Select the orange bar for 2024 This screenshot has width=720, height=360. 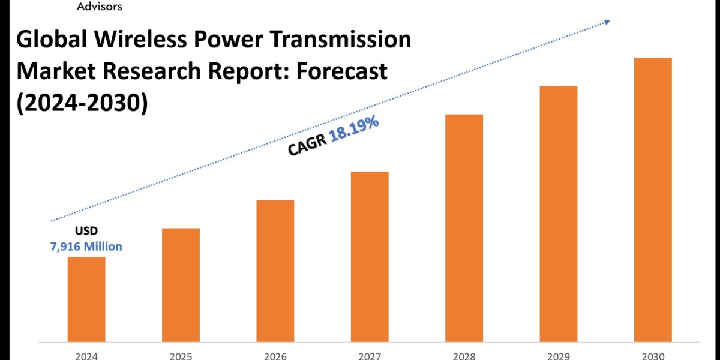(86, 299)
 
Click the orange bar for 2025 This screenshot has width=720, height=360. (181, 285)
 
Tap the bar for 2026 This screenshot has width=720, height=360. (275, 271)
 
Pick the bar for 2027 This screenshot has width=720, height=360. (370, 257)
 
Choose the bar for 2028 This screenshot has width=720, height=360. (464, 228)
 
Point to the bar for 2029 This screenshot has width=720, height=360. (559, 214)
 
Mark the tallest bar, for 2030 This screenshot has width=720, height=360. (653, 200)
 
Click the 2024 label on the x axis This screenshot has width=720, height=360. (86, 356)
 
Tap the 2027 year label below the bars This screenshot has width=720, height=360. (370, 356)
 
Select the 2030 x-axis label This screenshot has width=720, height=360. (653, 356)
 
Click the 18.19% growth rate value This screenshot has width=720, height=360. (354, 128)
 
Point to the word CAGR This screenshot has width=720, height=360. (307, 146)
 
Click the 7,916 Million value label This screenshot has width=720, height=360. (86, 247)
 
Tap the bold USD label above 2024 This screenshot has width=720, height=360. (86, 230)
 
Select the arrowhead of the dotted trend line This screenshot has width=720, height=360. (607, 22)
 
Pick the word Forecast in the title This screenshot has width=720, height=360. (341, 71)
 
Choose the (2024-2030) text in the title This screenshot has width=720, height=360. (82, 103)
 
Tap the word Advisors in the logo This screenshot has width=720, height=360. (100, 6)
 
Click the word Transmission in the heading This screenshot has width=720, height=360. (340, 39)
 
